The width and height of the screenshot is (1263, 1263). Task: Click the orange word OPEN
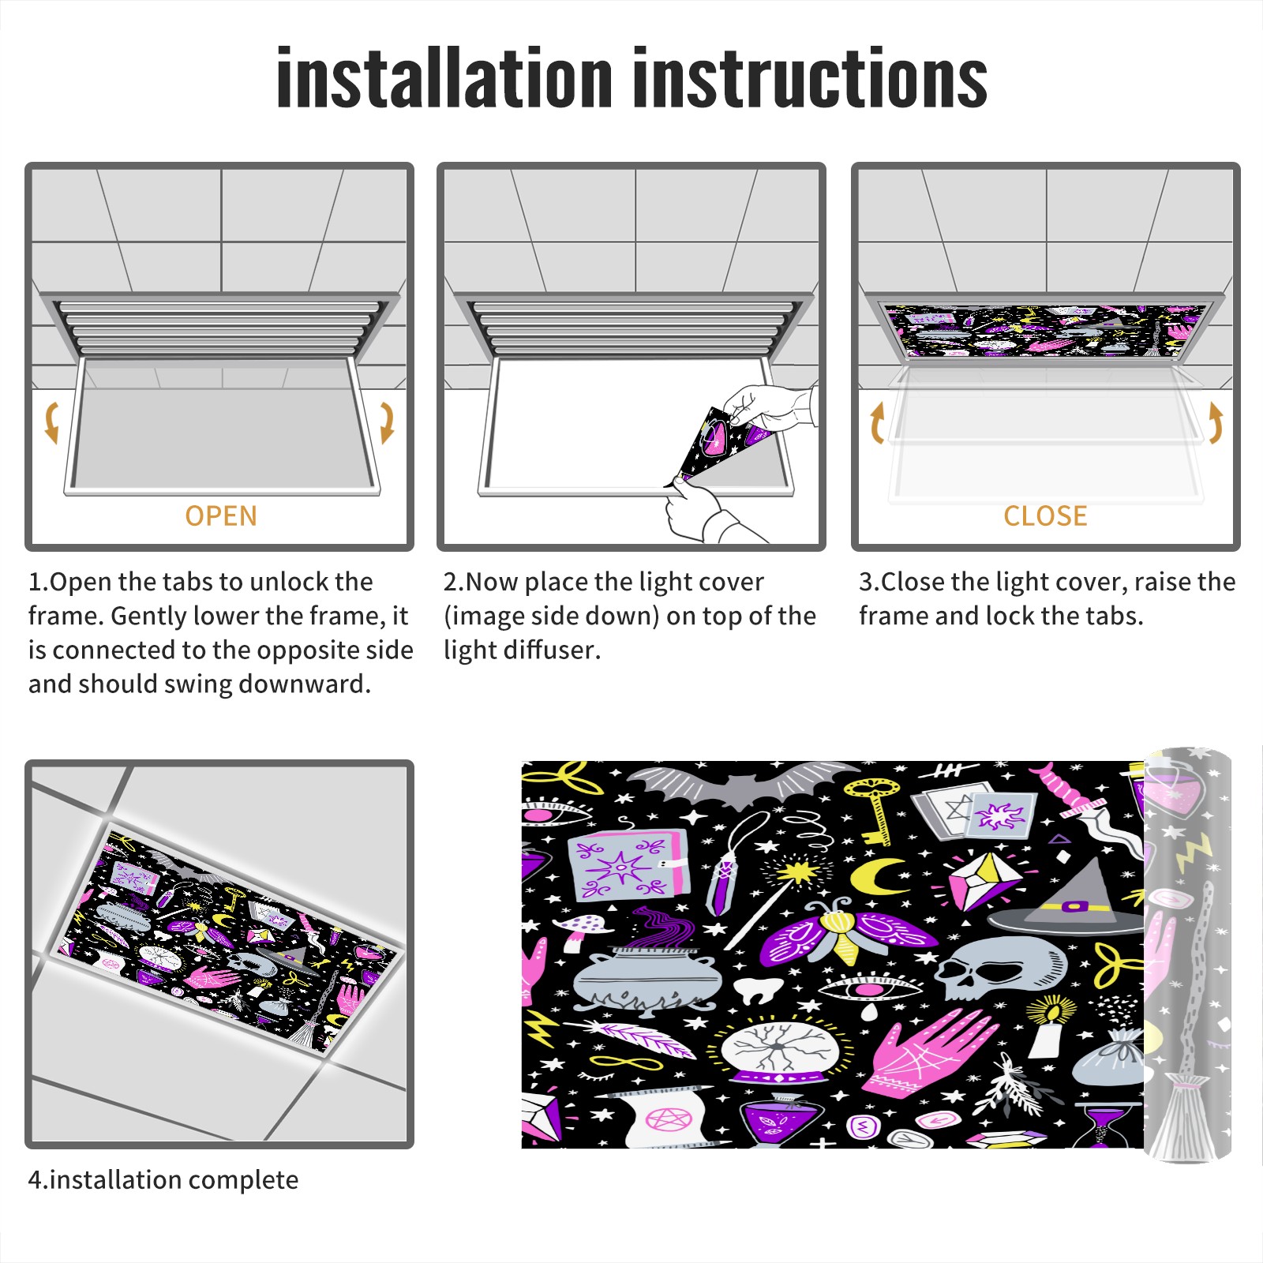pos(221,515)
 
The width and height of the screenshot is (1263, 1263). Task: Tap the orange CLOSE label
pos(1045,515)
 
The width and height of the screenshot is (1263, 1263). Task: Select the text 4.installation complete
pos(163,1179)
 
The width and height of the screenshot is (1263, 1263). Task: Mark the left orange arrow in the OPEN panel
pos(52,422)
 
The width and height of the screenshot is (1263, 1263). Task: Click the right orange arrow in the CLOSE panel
pos(1216,422)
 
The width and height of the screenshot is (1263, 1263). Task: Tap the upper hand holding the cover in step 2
pos(770,407)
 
